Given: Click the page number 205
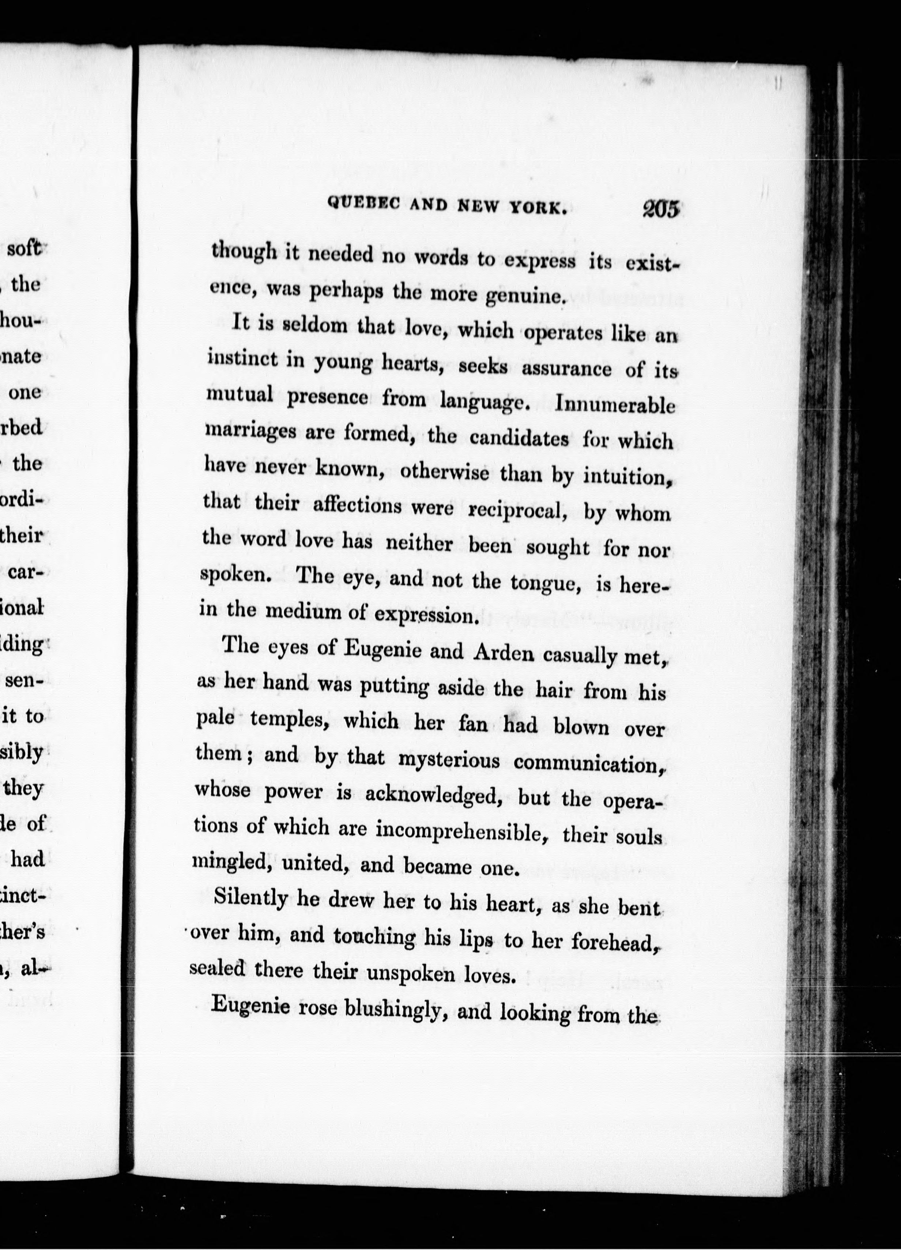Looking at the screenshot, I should pos(660,210).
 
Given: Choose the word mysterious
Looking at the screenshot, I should pos(448,760).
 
